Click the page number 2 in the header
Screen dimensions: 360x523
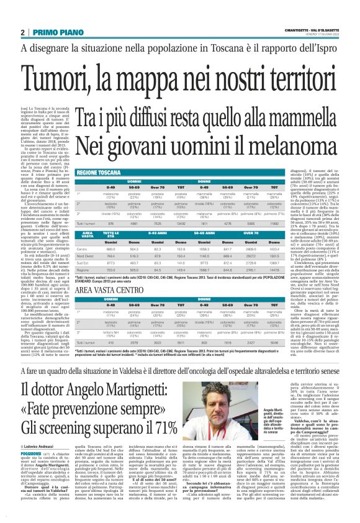click(22, 32)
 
